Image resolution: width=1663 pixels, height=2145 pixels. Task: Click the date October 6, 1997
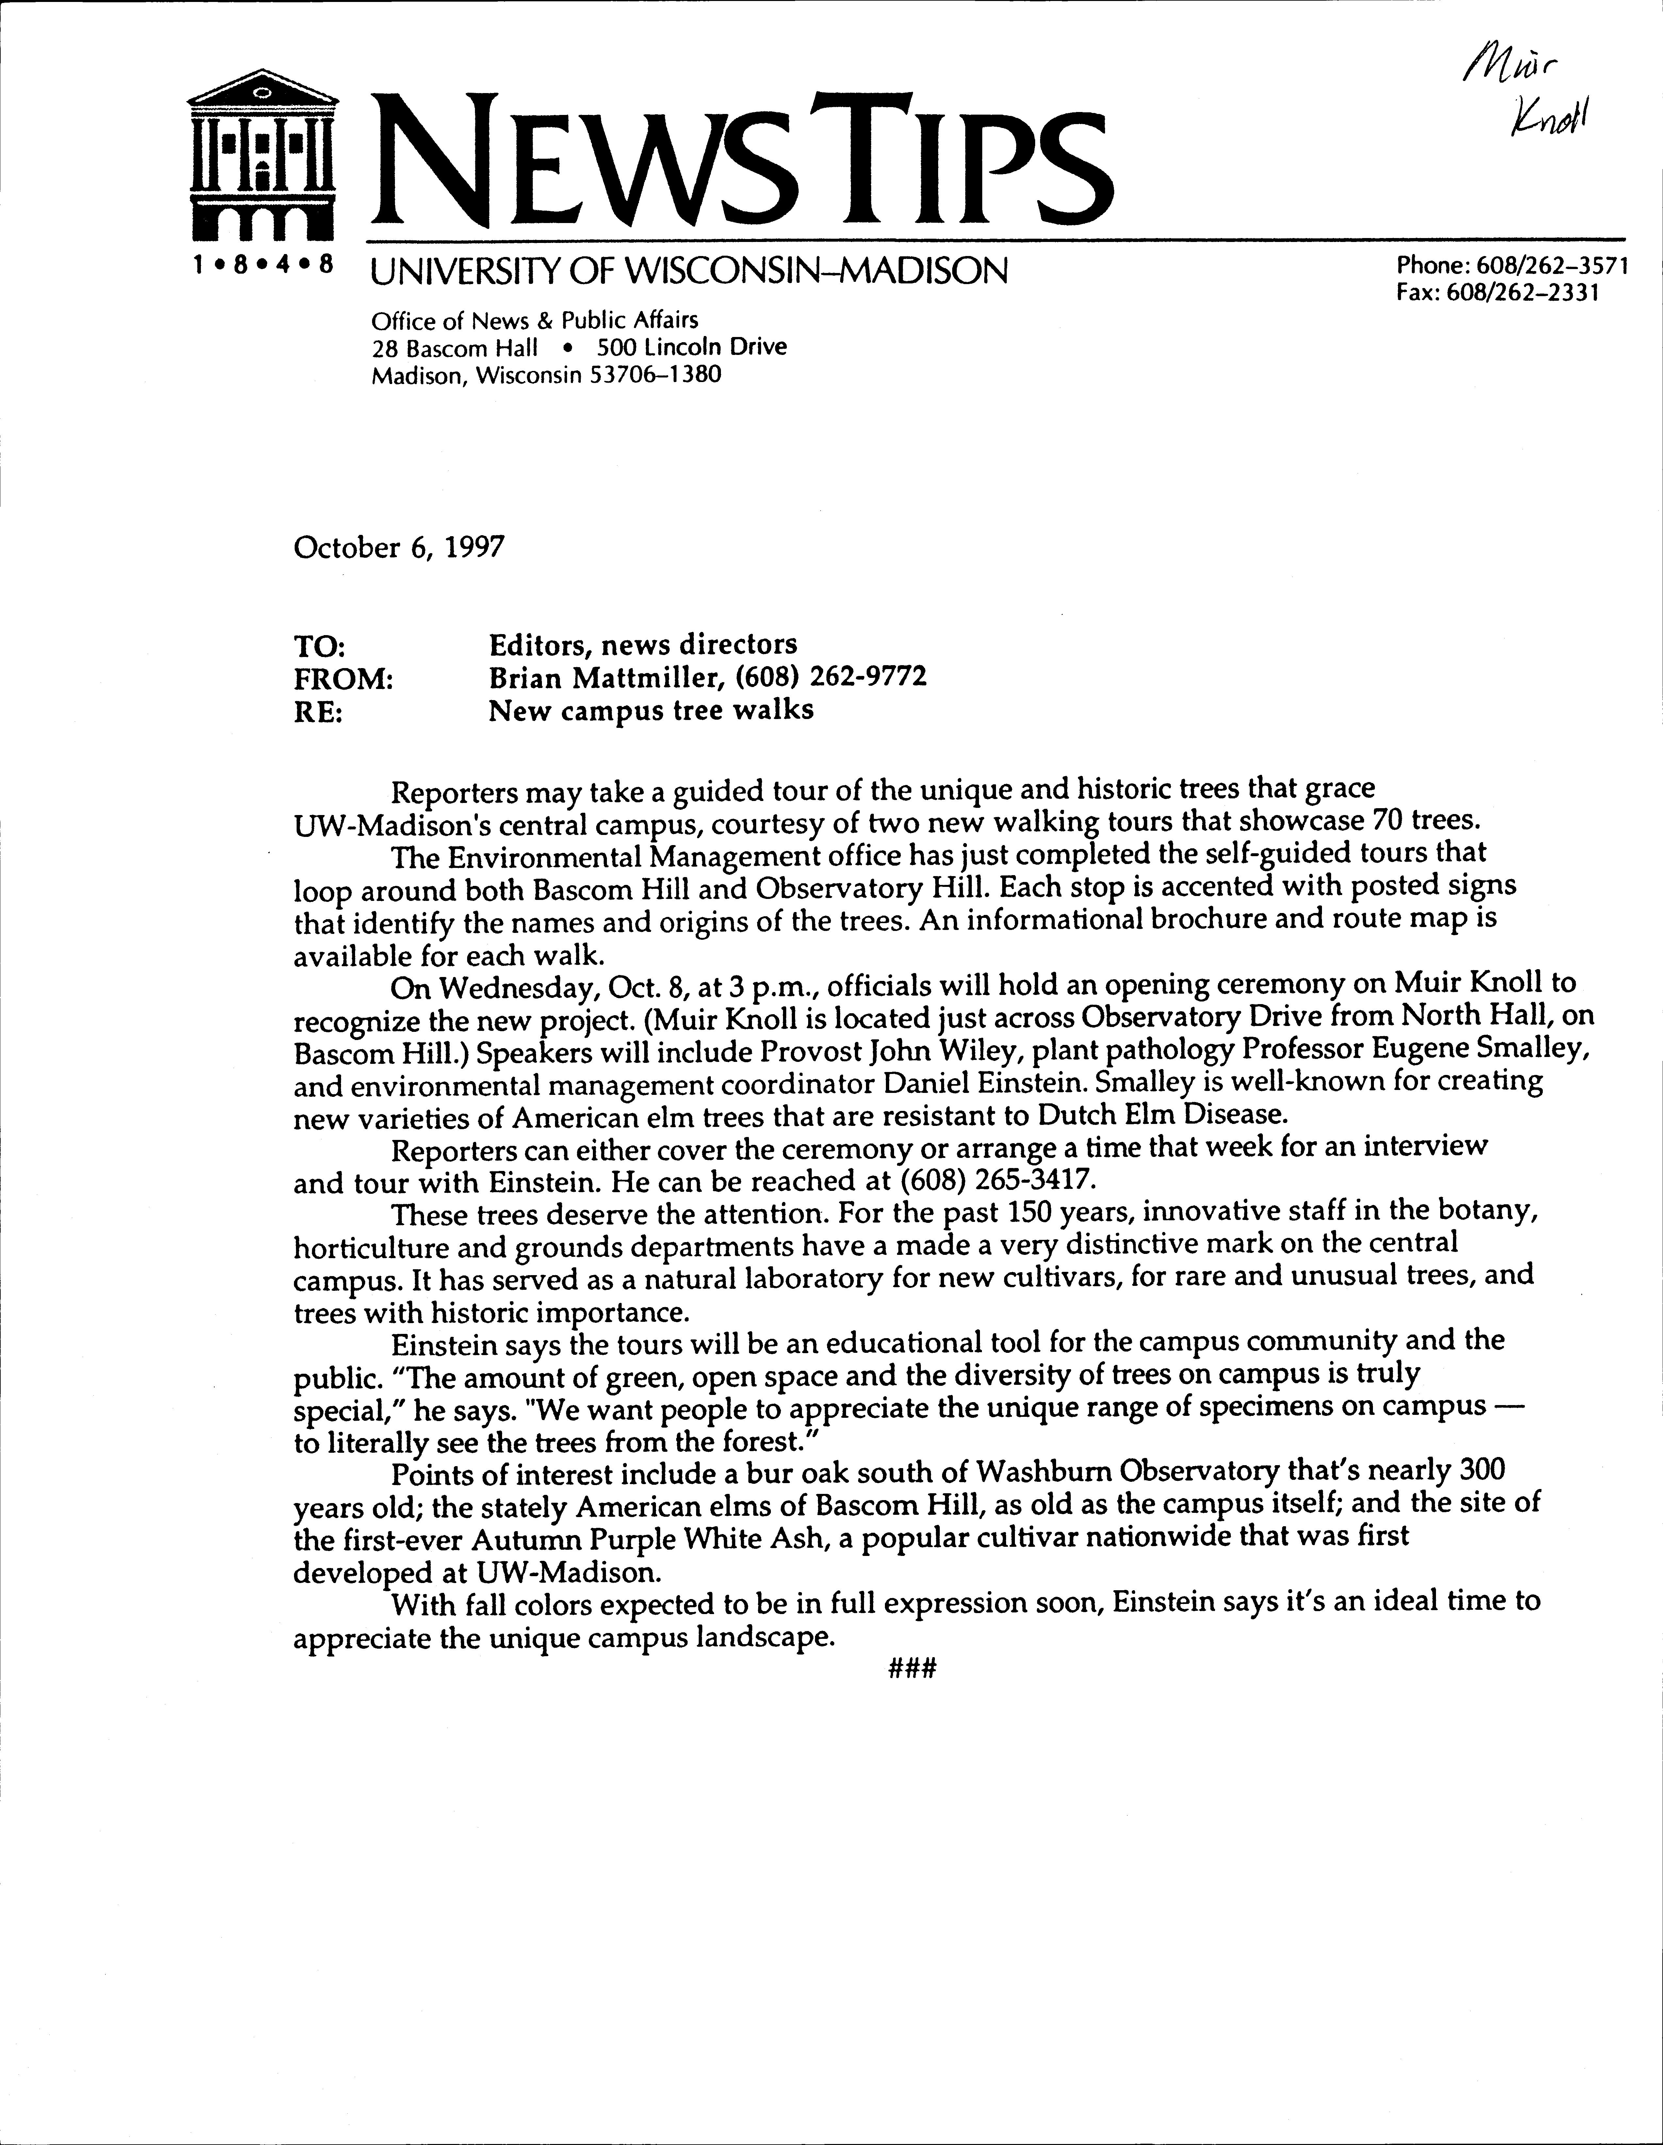pos(399,547)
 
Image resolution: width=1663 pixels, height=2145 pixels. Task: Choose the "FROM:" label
pos(344,678)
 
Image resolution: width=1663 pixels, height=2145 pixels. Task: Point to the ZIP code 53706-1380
pos(655,375)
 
